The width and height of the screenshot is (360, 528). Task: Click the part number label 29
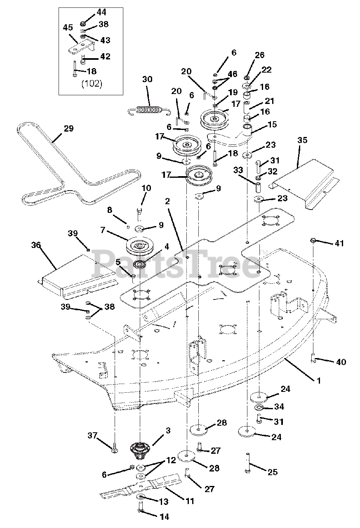(x=68, y=129)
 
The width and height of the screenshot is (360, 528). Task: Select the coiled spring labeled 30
(x=149, y=111)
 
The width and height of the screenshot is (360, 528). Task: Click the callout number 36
(x=36, y=245)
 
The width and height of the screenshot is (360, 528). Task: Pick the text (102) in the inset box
(x=92, y=84)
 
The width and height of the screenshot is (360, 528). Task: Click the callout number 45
(x=68, y=28)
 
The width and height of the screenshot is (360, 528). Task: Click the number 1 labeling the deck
(x=319, y=381)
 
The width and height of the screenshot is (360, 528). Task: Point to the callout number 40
(x=341, y=362)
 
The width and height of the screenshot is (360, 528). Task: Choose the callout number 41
(x=339, y=243)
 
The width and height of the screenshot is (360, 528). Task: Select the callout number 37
(x=93, y=435)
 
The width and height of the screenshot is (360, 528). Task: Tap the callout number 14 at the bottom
(x=164, y=517)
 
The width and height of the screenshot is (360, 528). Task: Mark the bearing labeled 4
(x=140, y=264)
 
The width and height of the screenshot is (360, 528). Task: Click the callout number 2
(x=167, y=201)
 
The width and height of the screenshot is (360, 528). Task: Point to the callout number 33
(x=238, y=170)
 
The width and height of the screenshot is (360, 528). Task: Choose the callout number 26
(x=260, y=55)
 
